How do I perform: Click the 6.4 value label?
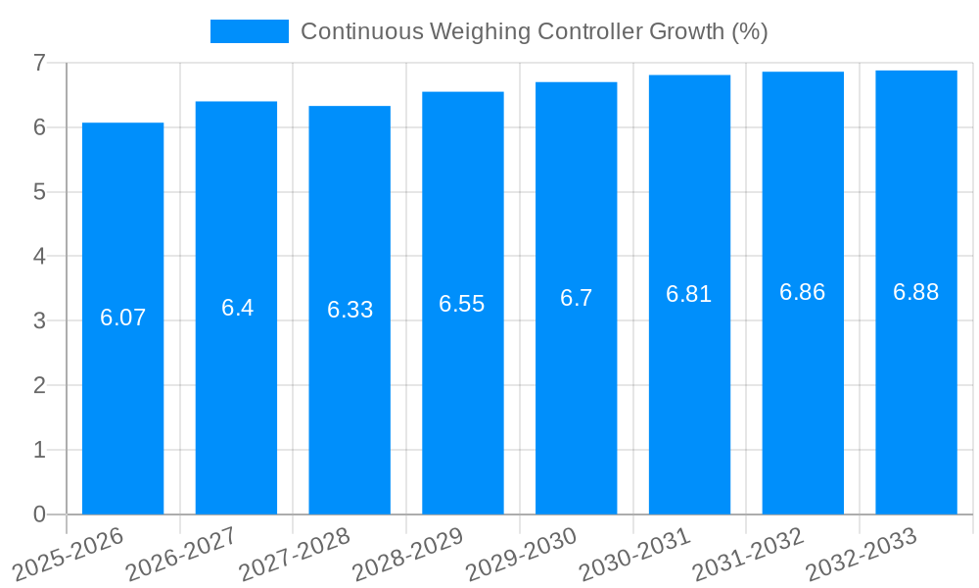237,308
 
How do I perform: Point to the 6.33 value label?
350,310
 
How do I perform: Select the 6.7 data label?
577,298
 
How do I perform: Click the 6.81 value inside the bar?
689,294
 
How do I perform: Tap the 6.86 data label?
803,292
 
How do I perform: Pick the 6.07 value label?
122,318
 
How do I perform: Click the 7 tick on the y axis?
39,63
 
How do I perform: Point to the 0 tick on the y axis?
39,514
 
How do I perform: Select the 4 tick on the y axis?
39,256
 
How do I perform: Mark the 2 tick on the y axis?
39,385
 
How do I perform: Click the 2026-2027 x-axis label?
181,554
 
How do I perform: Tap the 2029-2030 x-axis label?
521,554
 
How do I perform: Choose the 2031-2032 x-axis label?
748,554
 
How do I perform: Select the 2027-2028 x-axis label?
294,554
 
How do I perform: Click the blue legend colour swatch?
250,31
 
